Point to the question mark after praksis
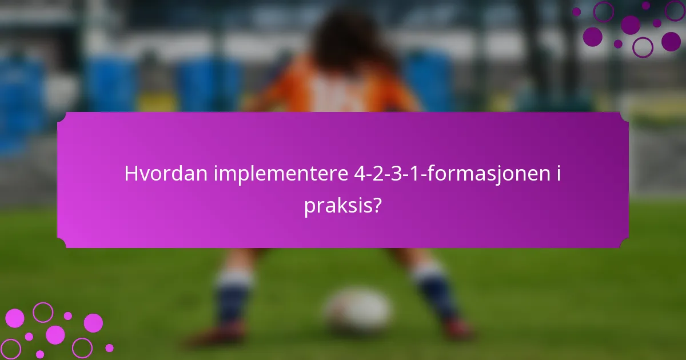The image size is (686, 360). pyautogui.click(x=377, y=206)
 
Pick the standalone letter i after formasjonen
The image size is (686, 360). pyautogui.click(x=558, y=174)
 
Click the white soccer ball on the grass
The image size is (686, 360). pyautogui.click(x=357, y=311)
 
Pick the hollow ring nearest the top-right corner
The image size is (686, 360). pyautogui.click(x=675, y=10)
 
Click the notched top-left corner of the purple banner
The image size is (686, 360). pyautogui.click(x=61, y=116)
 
